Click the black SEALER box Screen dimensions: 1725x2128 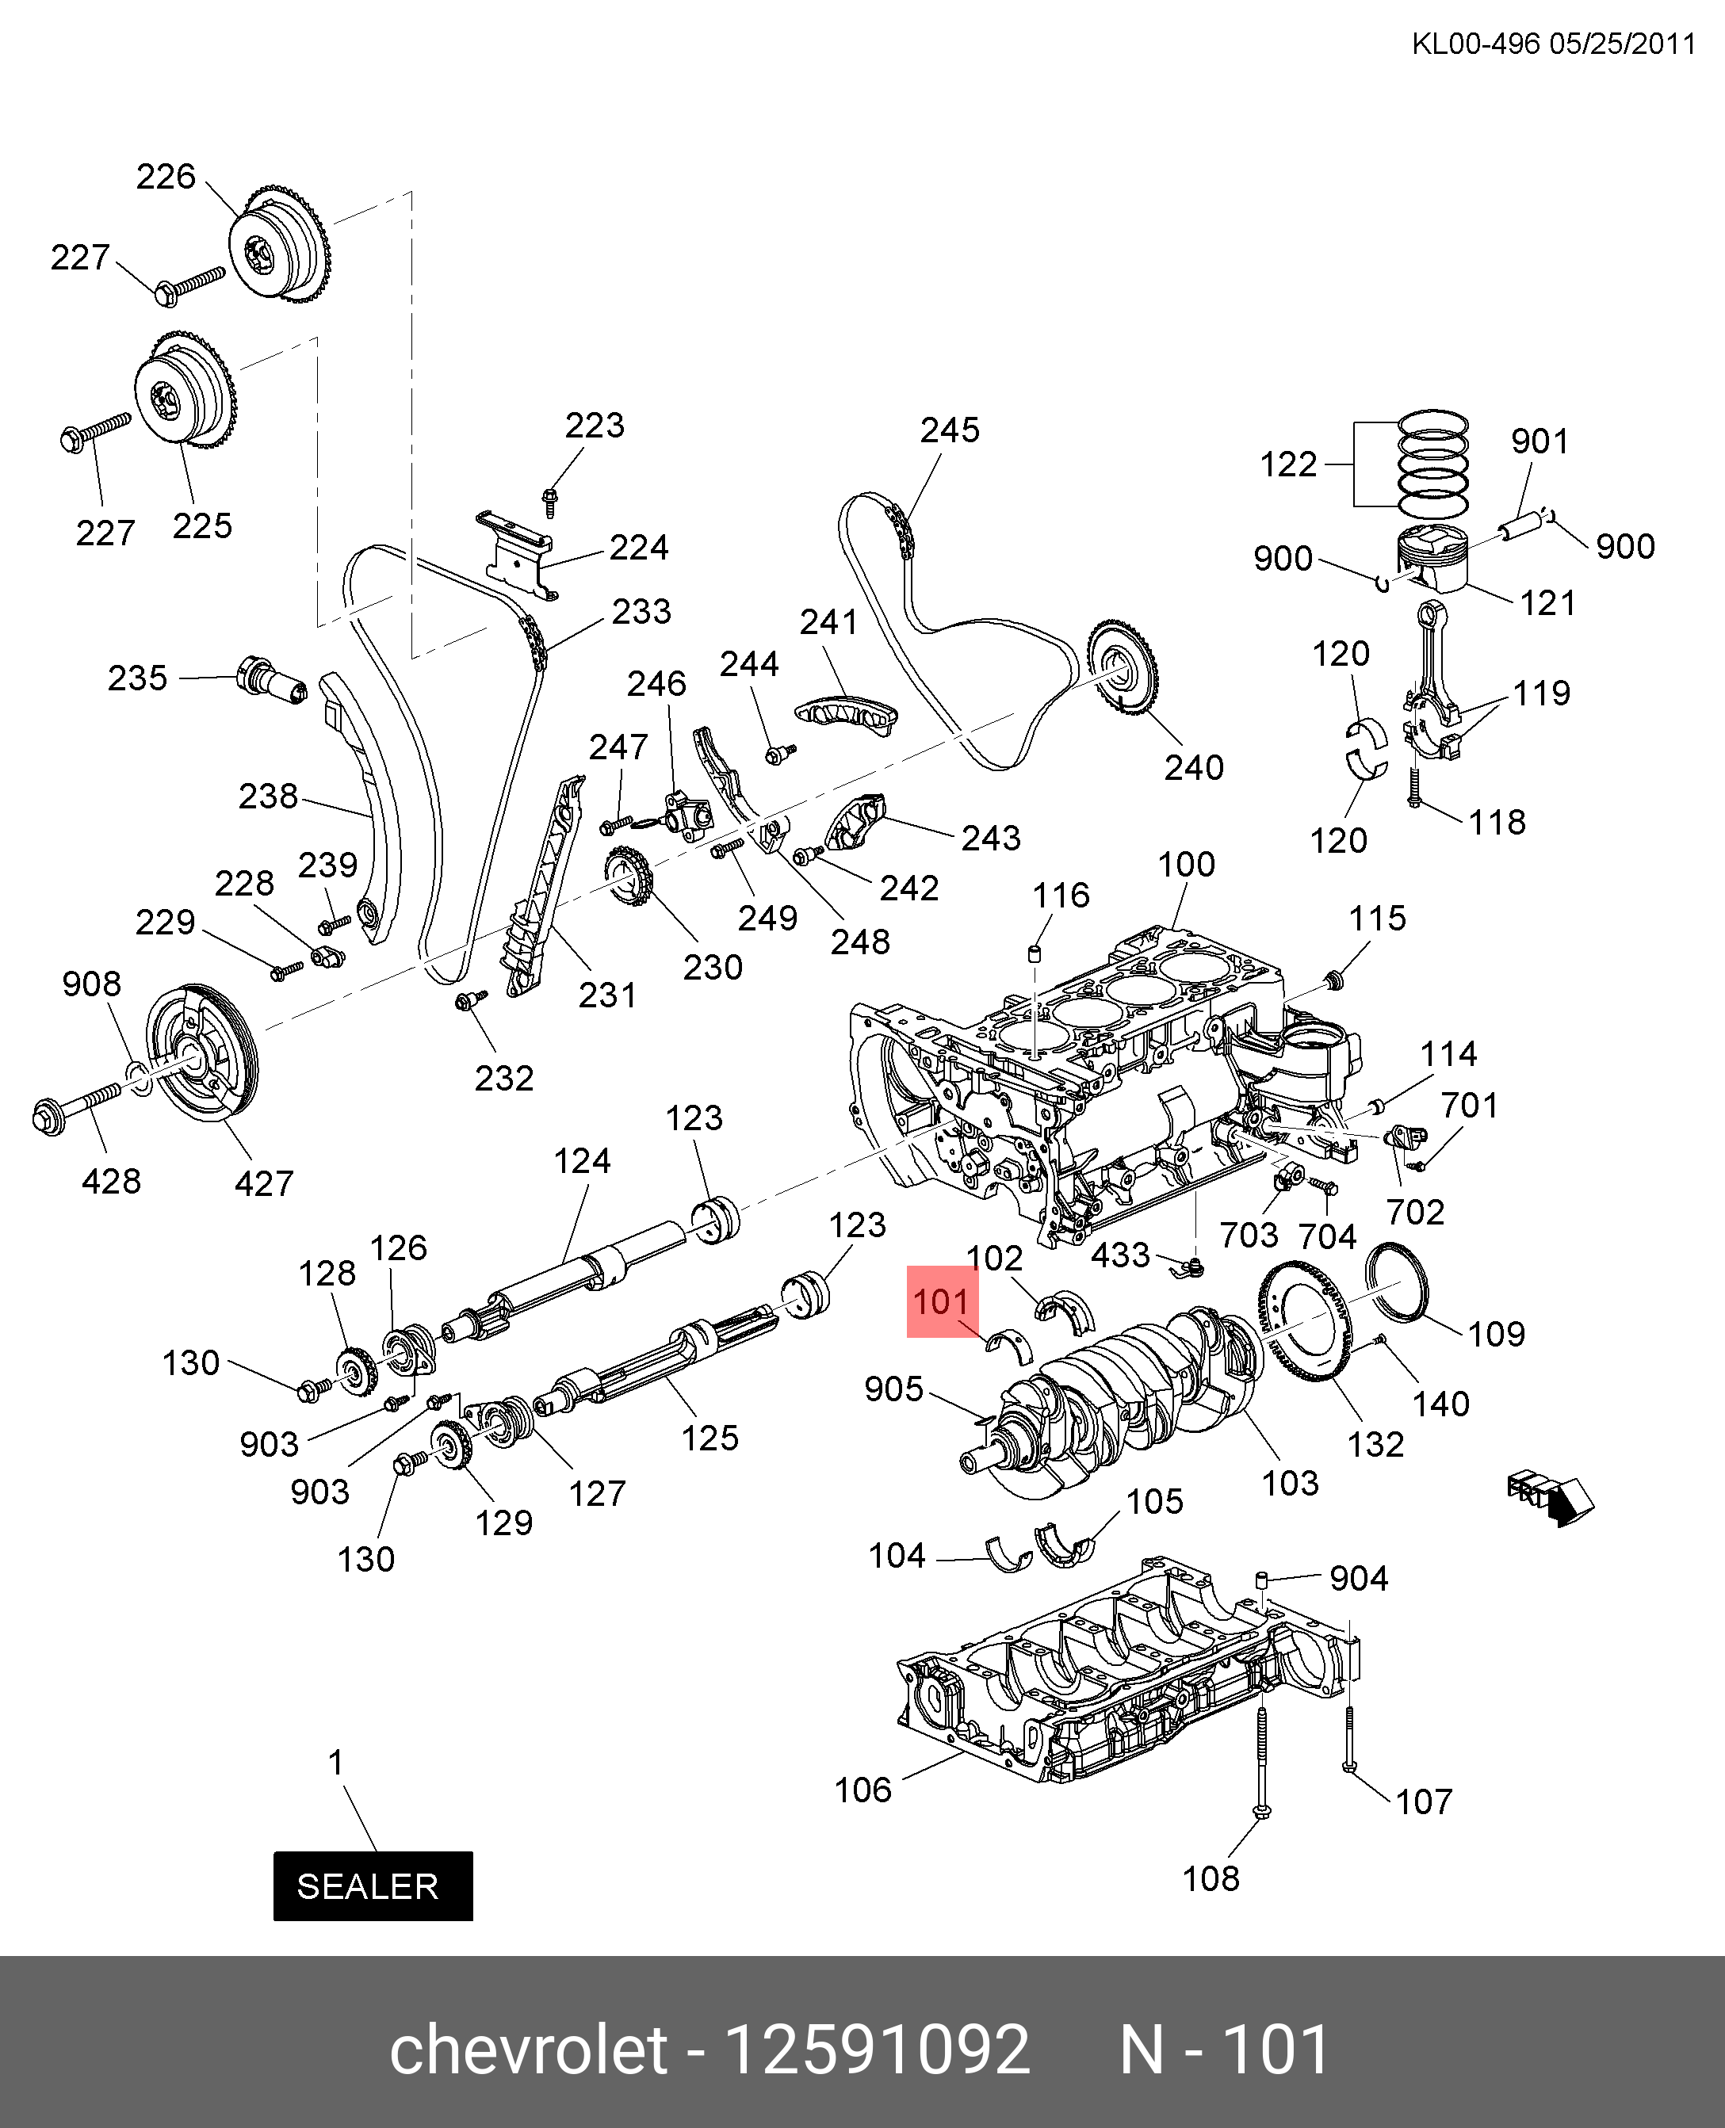pos(373,1885)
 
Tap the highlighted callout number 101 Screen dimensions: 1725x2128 pos(940,1301)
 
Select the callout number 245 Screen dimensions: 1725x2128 pos(950,430)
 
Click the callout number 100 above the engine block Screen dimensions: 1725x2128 pos(1187,865)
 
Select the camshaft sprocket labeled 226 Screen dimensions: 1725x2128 pos(279,243)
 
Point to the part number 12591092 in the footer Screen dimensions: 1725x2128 pos(878,2049)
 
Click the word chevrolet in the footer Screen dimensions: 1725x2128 pos(529,2049)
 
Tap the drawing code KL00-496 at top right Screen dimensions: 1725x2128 pos(1475,44)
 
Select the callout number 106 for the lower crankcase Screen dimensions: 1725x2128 pos(862,1790)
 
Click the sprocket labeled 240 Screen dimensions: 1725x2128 pos(1123,667)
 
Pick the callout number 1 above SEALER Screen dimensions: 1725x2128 pos(336,1763)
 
